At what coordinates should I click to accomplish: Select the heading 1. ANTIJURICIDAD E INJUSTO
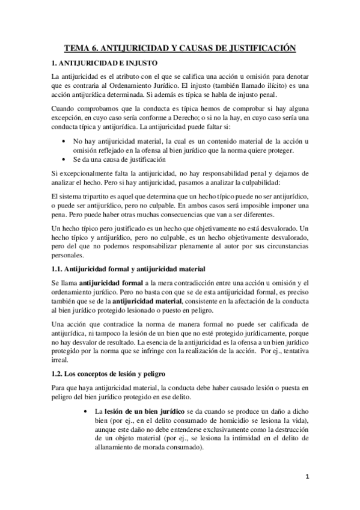click(x=105, y=62)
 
